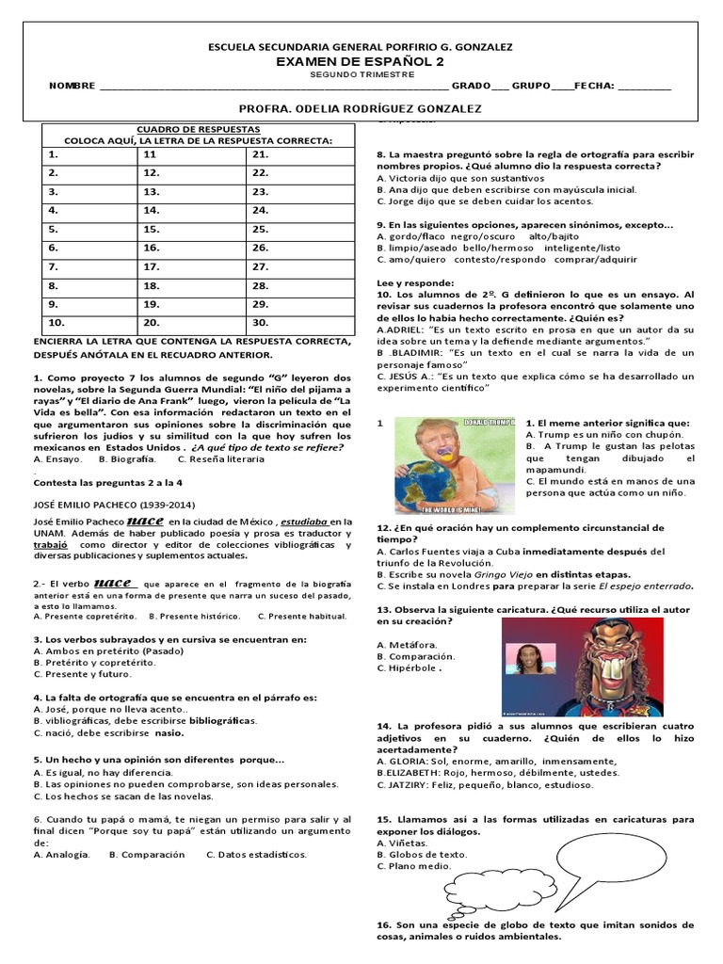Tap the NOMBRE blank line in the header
coord(273,87)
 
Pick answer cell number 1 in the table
coord(86,153)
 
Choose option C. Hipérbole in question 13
coord(410,668)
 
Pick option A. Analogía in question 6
coord(62,855)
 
